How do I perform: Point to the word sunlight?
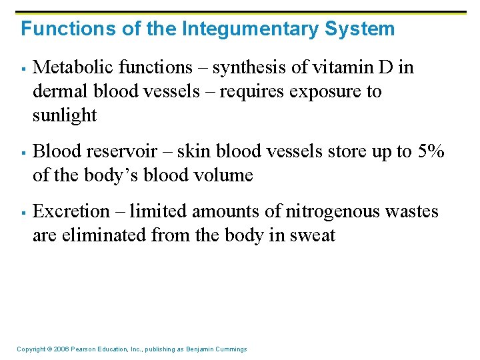click(x=65, y=115)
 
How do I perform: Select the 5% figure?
click(x=430, y=151)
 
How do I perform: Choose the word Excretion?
click(x=70, y=211)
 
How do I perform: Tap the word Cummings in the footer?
click(x=228, y=349)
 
